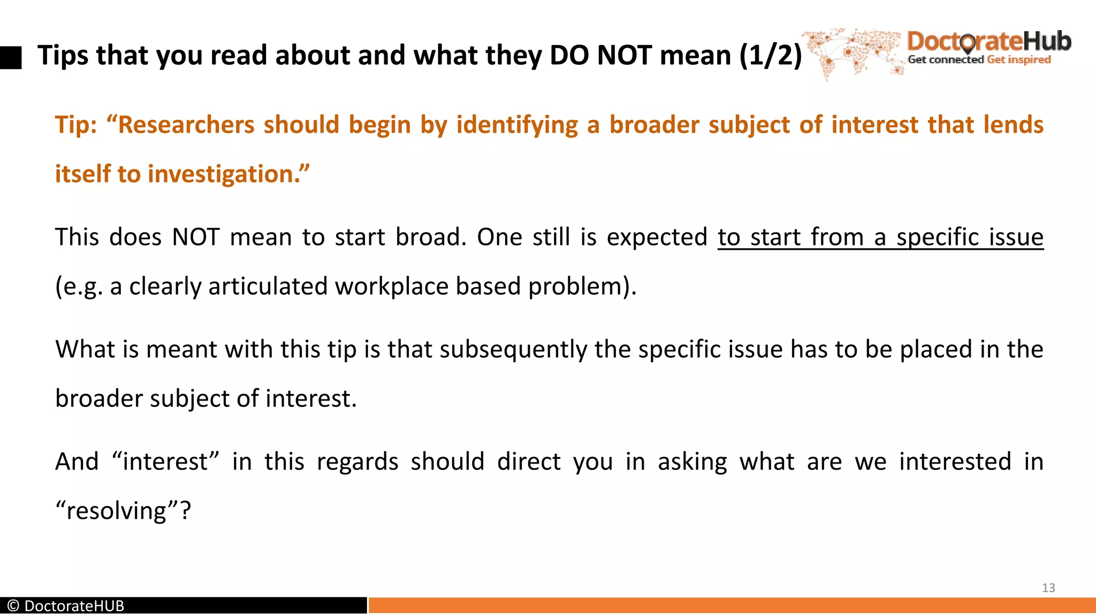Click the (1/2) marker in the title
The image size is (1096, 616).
(770, 55)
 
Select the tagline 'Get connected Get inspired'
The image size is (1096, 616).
(979, 60)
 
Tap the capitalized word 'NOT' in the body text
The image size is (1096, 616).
(195, 237)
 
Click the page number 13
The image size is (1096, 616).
(1048, 588)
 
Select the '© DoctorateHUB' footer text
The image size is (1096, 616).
(66, 606)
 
